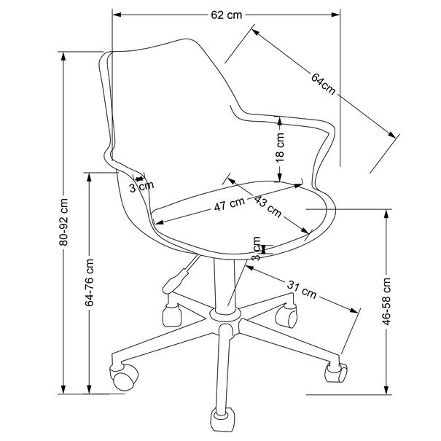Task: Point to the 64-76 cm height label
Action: click(90, 281)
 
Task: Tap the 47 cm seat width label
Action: click(230, 205)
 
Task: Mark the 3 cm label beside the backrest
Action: click(141, 187)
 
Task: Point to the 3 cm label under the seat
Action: click(256, 249)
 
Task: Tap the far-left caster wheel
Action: click(123, 376)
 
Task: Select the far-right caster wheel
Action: click(335, 372)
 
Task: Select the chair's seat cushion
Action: click(233, 211)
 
